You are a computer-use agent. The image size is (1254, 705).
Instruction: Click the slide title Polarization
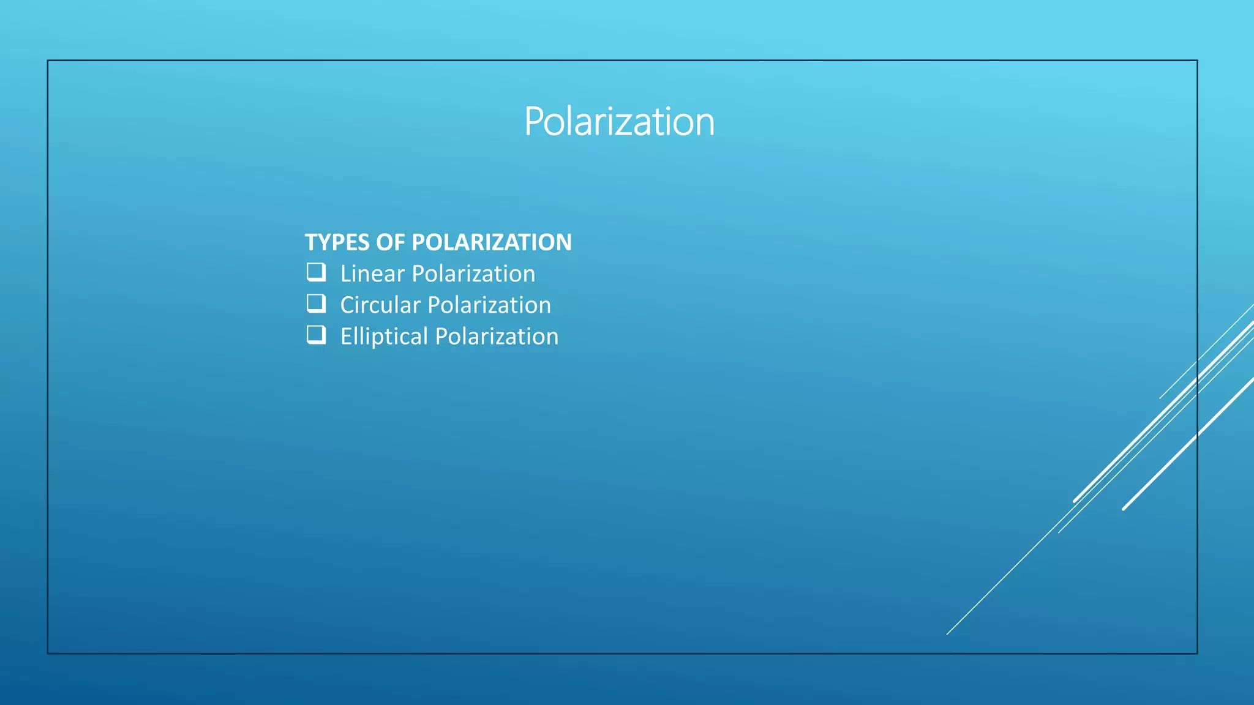(x=619, y=122)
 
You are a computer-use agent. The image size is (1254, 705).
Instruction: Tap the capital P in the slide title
(x=536, y=122)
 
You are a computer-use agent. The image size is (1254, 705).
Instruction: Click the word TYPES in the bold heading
(x=337, y=242)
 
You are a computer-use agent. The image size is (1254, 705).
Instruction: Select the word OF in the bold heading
(x=391, y=242)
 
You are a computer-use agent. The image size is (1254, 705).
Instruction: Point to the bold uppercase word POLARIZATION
(x=492, y=242)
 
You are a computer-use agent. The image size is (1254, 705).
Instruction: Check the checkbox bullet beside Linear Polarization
(x=316, y=272)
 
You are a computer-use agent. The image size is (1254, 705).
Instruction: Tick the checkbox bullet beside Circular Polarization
(x=316, y=304)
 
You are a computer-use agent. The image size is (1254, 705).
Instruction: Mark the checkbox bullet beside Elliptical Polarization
(x=316, y=335)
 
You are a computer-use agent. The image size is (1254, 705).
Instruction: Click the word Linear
(x=372, y=274)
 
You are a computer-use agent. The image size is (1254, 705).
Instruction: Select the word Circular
(x=380, y=305)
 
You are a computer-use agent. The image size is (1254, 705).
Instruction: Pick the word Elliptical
(x=384, y=337)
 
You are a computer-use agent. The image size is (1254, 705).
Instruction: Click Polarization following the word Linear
(x=473, y=274)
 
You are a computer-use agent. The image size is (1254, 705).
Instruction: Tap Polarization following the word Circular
(x=489, y=305)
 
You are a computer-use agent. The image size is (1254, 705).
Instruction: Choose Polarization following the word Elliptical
(x=497, y=337)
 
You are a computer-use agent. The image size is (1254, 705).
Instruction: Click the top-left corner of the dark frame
(x=48, y=61)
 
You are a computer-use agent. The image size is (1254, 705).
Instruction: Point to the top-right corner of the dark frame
(x=1197, y=61)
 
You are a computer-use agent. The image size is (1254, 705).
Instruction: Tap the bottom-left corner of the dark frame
(x=48, y=654)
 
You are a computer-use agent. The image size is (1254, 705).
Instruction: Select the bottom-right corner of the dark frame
(x=1197, y=654)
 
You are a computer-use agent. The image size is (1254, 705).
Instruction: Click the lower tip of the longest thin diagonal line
(x=947, y=634)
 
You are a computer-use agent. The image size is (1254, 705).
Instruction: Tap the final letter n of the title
(x=705, y=124)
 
